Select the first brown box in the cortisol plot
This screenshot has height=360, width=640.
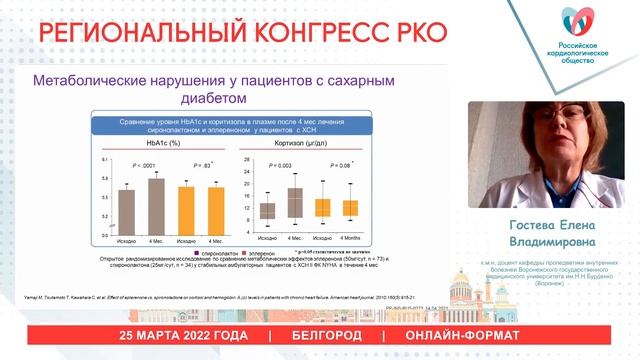click(x=268, y=210)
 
